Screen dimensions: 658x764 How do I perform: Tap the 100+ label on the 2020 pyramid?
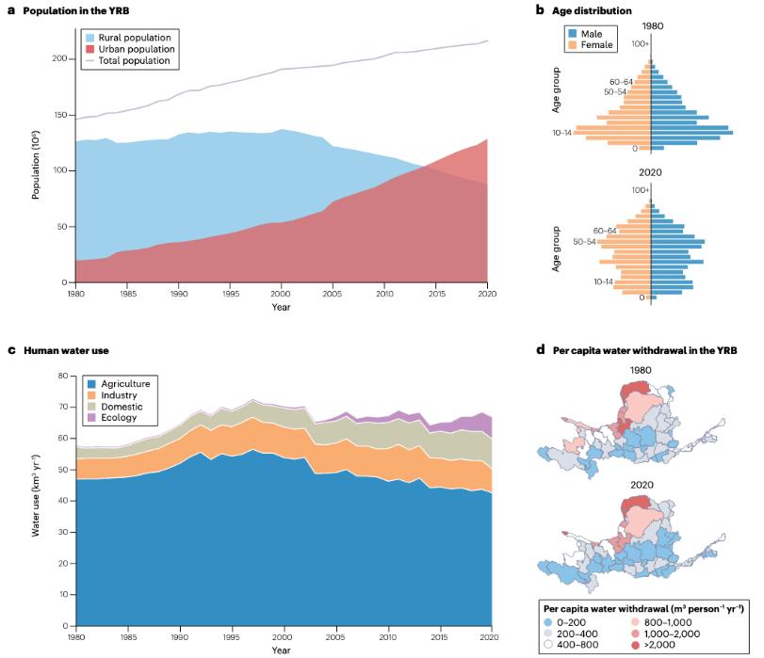640,190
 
